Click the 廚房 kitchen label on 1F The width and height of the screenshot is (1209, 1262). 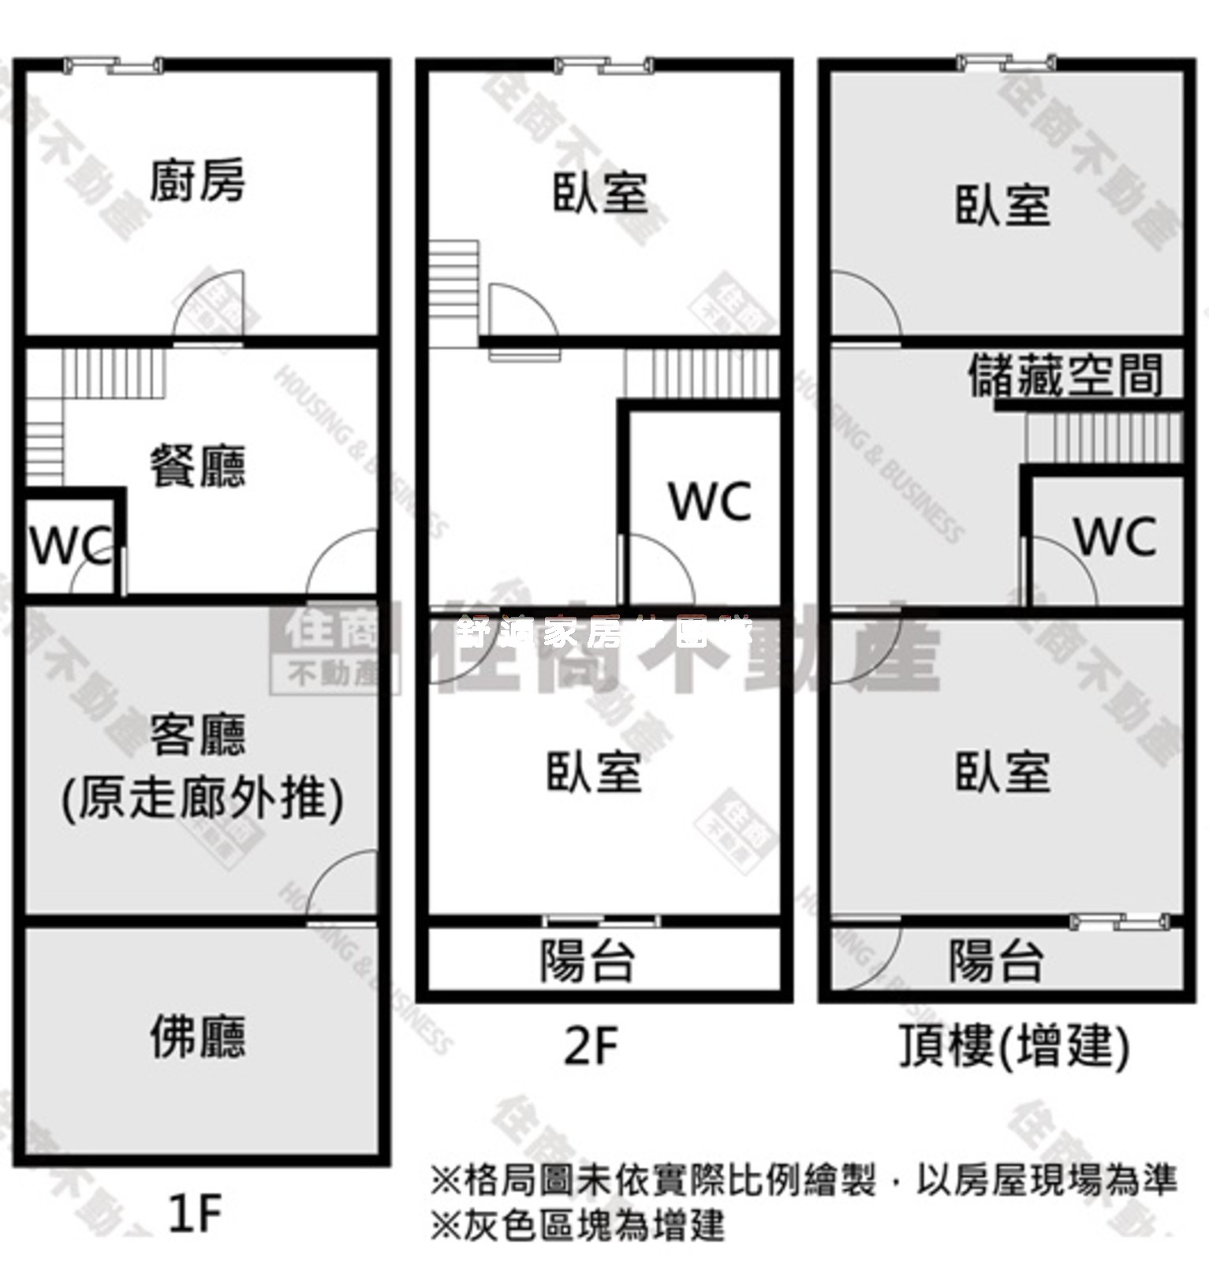197,181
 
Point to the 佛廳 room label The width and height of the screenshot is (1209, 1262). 198,1036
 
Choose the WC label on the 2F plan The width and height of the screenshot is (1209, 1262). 710,501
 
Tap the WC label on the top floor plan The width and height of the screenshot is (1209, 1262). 1115,536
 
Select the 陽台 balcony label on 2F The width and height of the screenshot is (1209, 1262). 588,960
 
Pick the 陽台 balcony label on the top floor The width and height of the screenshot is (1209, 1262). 996,960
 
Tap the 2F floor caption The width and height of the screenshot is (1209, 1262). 591,1047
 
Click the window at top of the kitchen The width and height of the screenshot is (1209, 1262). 114,65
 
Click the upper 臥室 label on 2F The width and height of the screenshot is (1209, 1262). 600,193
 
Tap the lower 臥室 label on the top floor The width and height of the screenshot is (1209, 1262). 1002,771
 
